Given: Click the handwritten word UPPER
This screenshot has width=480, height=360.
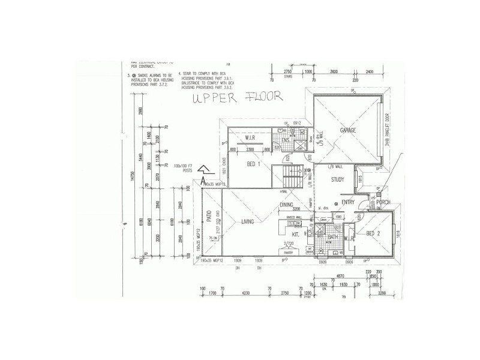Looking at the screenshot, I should point(215,99).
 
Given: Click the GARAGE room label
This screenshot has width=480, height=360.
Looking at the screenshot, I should point(348,130).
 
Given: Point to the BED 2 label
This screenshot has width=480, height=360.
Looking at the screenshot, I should point(373,233).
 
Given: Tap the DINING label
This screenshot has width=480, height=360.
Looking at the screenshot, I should point(286,205).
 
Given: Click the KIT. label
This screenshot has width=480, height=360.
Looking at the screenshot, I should point(295,235).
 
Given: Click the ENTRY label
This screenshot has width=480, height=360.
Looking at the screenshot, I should point(348,202).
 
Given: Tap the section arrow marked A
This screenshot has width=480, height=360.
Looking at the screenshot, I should point(204,175).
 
